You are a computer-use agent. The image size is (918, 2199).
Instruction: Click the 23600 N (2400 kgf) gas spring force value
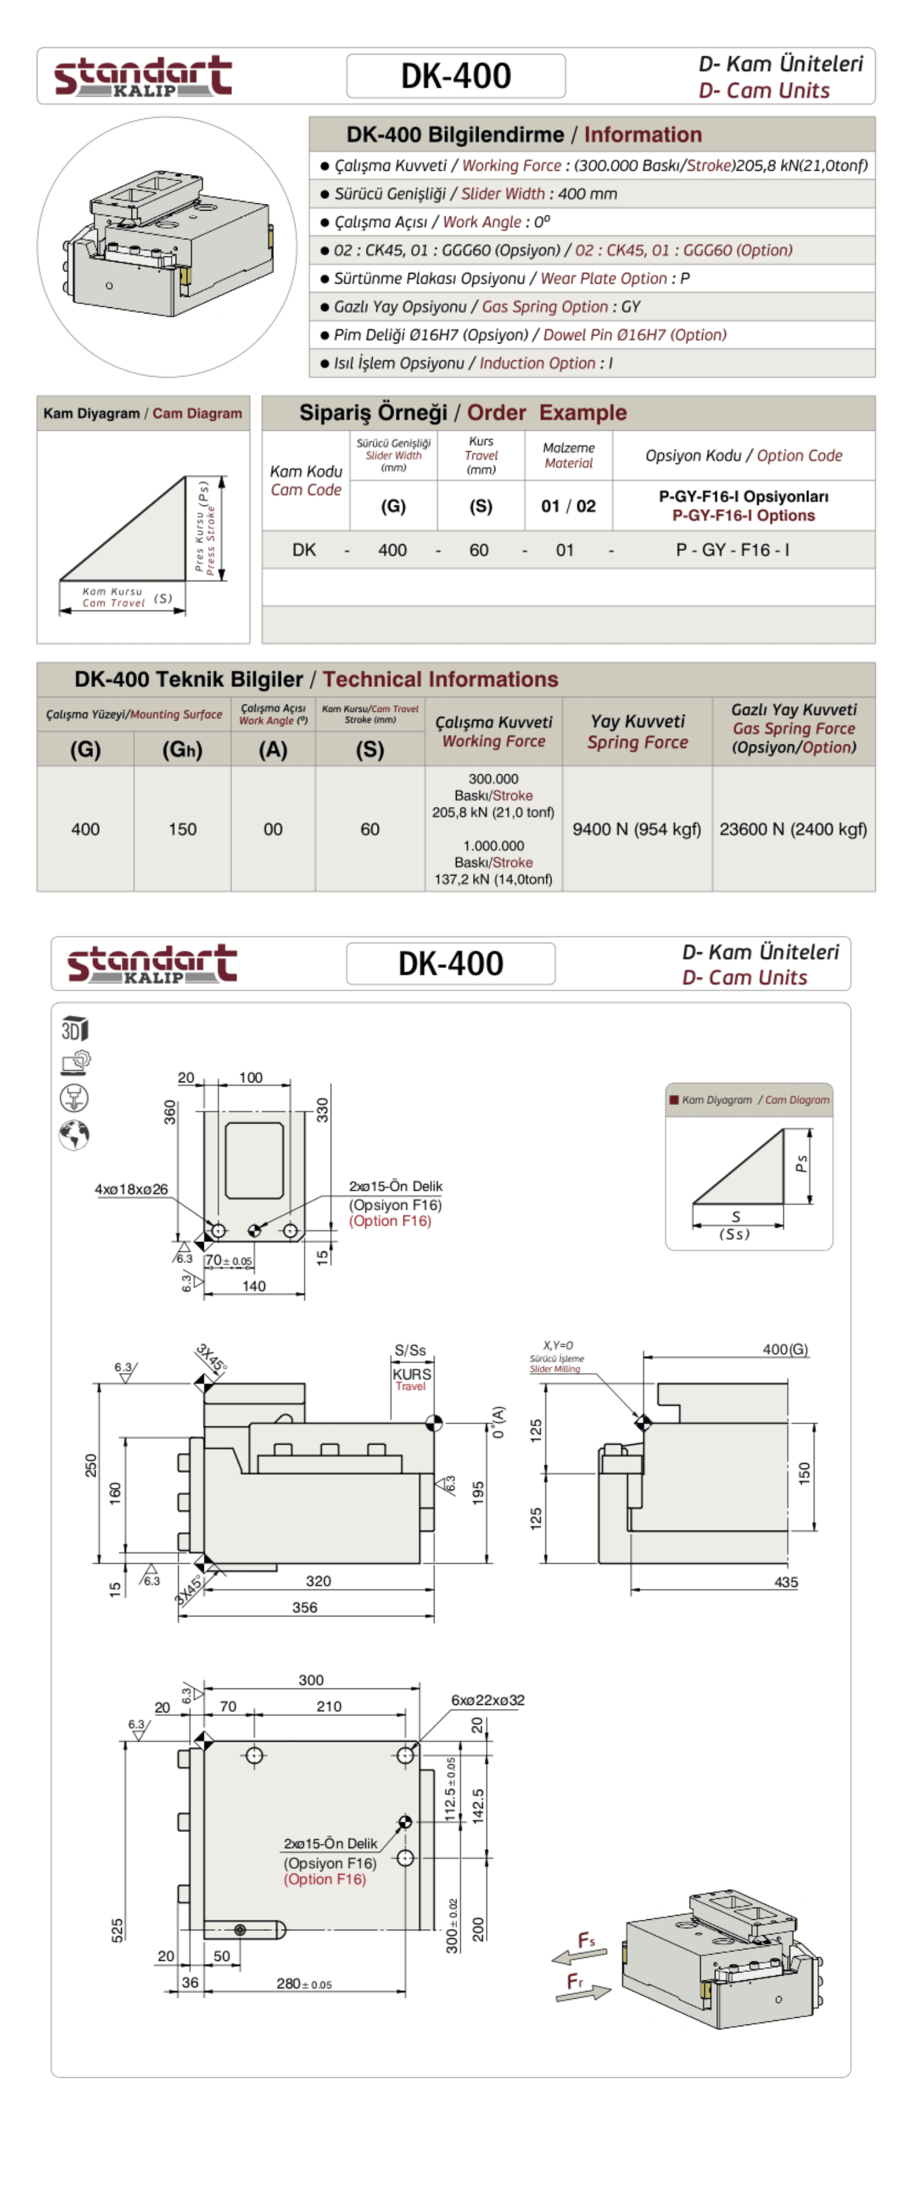tap(793, 829)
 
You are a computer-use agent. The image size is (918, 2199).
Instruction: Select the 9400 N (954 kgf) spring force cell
tap(636, 829)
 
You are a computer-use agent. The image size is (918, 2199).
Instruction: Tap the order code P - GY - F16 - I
tap(732, 550)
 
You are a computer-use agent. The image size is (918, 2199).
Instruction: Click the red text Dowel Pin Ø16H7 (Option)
tap(635, 335)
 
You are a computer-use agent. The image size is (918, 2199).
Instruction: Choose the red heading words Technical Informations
tap(440, 680)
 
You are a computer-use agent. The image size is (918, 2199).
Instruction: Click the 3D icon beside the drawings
tap(74, 1028)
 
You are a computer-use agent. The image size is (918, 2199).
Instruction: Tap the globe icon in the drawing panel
tap(74, 1134)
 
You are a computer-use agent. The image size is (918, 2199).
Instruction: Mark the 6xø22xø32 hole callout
tap(487, 1699)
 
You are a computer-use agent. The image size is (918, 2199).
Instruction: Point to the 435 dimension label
tap(786, 1582)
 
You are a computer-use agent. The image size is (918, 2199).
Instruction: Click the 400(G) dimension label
tap(785, 1349)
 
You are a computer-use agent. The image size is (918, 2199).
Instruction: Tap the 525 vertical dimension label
tap(117, 1929)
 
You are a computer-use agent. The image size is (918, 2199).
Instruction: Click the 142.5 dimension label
tap(478, 1805)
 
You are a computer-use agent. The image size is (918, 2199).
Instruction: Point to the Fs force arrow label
tap(586, 1940)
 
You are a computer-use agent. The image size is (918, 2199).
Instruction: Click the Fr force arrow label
tap(576, 1980)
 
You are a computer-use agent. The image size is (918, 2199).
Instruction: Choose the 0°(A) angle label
tap(499, 1422)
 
